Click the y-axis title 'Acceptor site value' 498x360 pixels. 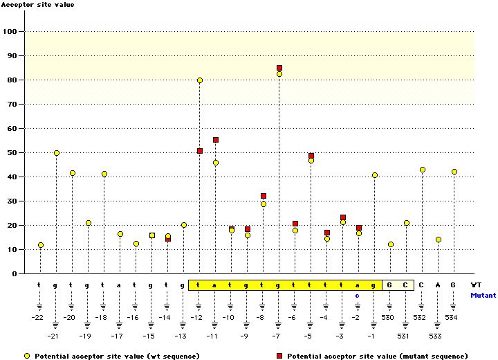(x=37, y=5)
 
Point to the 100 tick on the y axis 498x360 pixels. (x=12, y=31)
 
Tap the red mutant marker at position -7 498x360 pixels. (x=279, y=68)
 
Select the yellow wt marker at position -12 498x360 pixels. (x=200, y=80)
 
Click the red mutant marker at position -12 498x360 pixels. (x=200, y=151)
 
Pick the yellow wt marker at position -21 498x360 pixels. (x=57, y=153)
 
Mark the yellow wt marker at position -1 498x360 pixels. (x=375, y=175)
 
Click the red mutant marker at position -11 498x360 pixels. (x=216, y=140)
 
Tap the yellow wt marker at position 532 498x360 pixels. (x=423, y=170)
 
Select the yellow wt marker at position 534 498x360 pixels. (x=454, y=172)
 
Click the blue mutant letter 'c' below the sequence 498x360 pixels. (x=358, y=295)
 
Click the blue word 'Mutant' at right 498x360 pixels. (x=483, y=295)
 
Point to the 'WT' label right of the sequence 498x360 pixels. (x=476, y=285)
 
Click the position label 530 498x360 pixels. (x=389, y=318)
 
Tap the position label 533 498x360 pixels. (x=438, y=336)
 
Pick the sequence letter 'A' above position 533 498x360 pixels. (x=438, y=285)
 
